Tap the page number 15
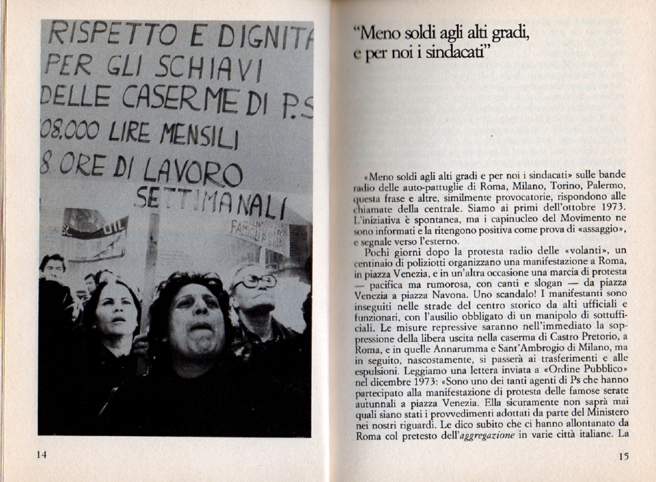tap(623, 457)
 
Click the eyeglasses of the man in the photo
tap(256, 281)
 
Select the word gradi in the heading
tap(506, 32)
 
